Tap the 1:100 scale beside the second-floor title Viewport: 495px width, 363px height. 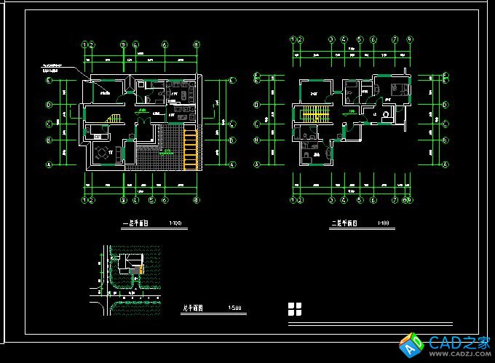click(x=383, y=223)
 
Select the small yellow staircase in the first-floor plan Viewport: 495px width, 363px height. click(x=114, y=118)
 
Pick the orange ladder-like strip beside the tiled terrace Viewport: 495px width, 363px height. click(x=191, y=150)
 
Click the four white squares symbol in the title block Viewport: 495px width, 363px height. click(x=295, y=308)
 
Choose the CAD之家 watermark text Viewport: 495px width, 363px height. click(x=458, y=341)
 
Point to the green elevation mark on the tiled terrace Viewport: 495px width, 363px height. click(x=168, y=151)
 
